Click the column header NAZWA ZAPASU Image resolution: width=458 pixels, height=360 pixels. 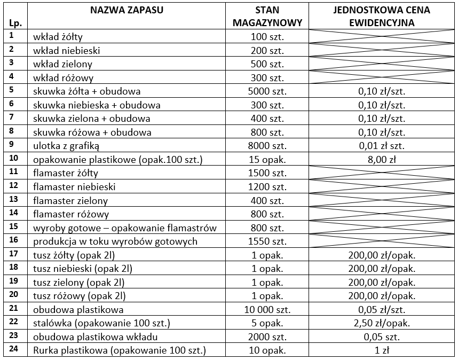[x=127, y=10]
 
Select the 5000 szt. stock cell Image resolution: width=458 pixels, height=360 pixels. [x=267, y=91]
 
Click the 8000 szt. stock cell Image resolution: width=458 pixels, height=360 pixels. [x=267, y=146]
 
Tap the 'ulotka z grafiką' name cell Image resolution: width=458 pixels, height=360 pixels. [x=66, y=146]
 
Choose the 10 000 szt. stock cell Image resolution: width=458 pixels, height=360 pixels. [x=267, y=309]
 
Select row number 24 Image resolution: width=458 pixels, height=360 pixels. [x=14, y=349]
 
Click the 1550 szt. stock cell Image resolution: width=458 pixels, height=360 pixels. [x=267, y=241]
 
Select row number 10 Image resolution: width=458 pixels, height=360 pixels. [x=14, y=158]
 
